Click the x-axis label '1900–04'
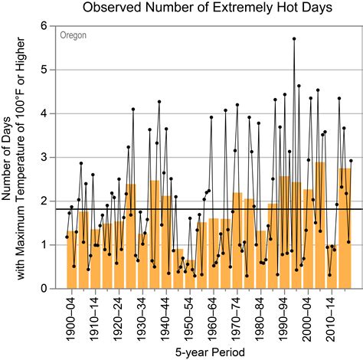71,314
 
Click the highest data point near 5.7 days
294,38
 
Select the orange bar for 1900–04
71,260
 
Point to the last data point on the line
351,161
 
